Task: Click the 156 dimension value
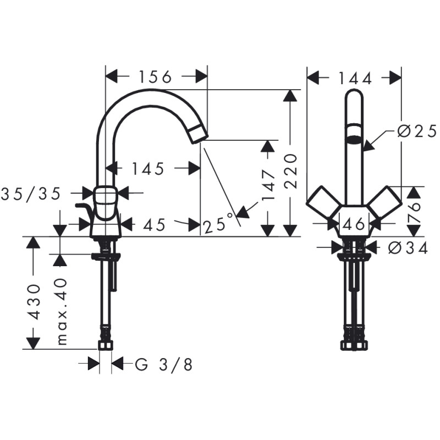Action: [156, 77]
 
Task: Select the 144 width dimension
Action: [355, 78]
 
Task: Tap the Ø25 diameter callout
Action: [417, 131]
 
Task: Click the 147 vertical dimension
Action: [268, 184]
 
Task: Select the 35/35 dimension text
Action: [37, 193]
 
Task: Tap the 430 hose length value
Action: [34, 301]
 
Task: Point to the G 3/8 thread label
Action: [164, 364]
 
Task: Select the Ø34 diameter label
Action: [408, 248]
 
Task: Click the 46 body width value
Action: [353, 224]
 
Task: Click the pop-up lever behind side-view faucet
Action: [85, 210]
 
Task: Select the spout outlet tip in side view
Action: [200, 134]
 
